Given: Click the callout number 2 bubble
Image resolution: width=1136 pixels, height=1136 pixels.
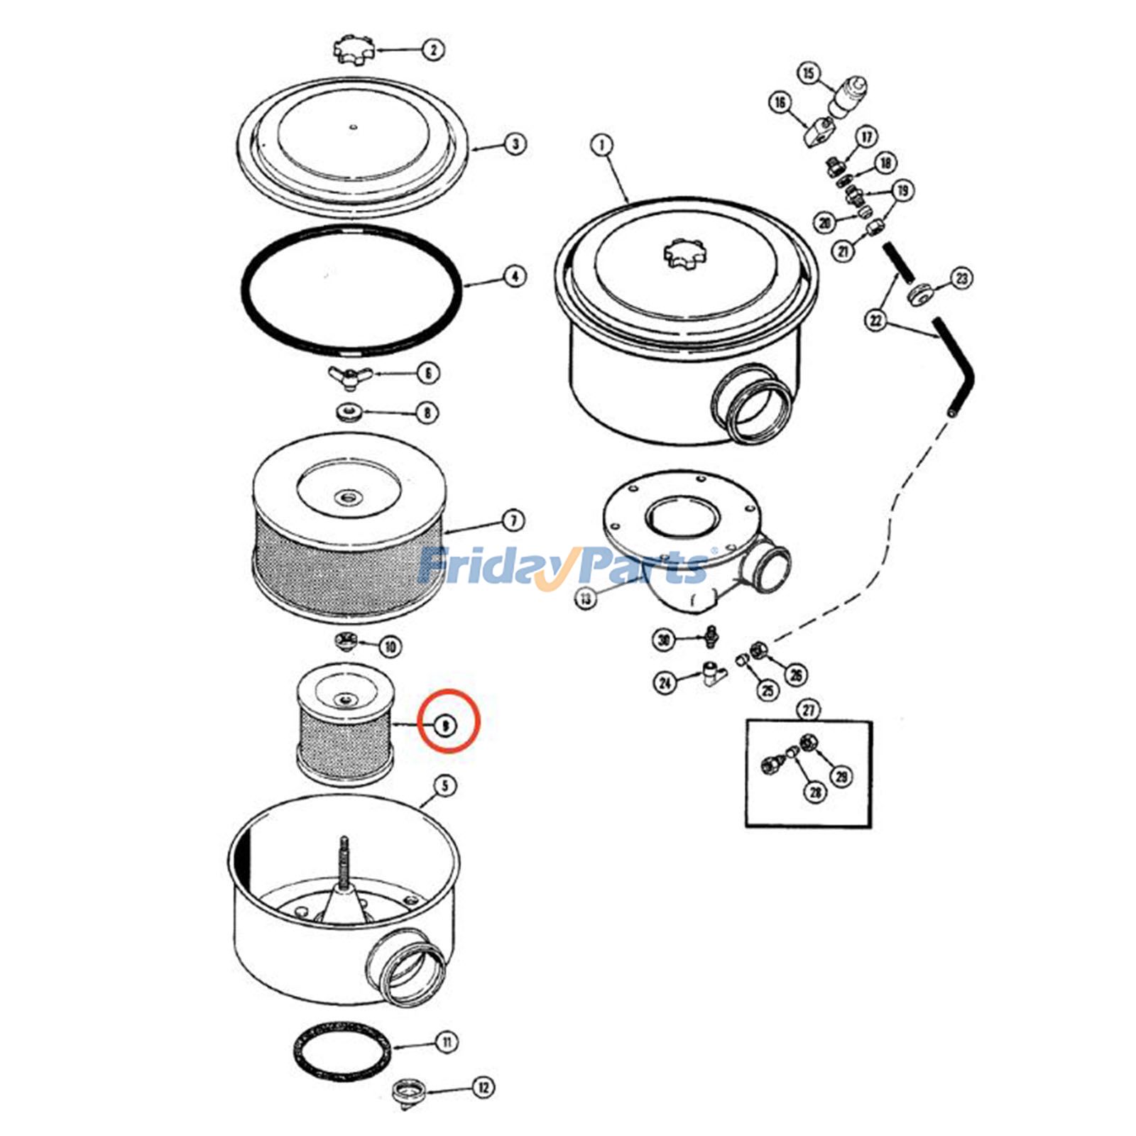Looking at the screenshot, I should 433,50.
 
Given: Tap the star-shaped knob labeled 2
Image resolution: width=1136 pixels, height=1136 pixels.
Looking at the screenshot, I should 353,48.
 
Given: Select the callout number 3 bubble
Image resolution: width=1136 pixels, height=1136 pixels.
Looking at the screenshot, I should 515,144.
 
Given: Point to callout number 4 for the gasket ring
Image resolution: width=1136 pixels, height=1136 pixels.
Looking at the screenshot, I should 515,276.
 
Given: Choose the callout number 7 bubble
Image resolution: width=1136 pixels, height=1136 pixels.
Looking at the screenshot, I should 513,520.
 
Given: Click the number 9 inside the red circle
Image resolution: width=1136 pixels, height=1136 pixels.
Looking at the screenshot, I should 445,725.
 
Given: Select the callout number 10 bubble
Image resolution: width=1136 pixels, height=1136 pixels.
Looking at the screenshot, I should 390,646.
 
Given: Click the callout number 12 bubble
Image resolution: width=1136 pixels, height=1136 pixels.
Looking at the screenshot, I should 483,1087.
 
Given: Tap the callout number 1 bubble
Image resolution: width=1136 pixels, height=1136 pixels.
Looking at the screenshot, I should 601,146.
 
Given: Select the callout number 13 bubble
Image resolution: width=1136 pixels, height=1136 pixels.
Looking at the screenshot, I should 585,599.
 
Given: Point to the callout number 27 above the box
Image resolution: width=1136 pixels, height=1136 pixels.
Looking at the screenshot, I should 808,709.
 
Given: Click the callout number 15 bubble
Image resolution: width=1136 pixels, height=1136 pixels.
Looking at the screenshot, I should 809,73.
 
